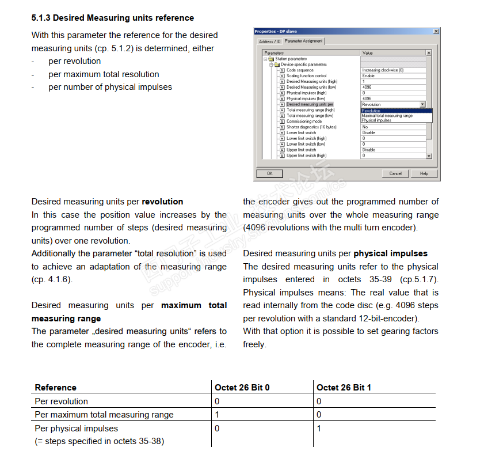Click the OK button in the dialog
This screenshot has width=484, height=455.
(270, 173)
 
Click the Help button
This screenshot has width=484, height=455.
(424, 173)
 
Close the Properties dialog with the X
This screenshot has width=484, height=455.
(435, 31)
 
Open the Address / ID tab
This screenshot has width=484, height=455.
(269, 41)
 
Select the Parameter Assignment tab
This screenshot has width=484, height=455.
(304, 41)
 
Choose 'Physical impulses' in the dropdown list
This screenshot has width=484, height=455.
(376, 120)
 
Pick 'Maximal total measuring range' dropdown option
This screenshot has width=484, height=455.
(387, 116)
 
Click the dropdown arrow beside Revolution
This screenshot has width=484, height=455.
(422, 104)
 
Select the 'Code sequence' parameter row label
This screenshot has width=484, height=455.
(300, 70)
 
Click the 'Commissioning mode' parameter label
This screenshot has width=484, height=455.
(304, 122)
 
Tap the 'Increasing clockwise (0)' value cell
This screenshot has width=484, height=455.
(383, 70)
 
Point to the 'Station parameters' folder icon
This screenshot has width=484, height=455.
(270, 59)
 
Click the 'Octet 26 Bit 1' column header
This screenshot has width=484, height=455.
(344, 388)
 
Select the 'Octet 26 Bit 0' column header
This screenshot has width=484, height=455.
(242, 388)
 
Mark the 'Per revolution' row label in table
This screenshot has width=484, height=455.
(62, 401)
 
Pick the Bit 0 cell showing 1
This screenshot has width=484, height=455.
(217, 415)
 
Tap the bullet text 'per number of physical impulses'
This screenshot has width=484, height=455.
(110, 87)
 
